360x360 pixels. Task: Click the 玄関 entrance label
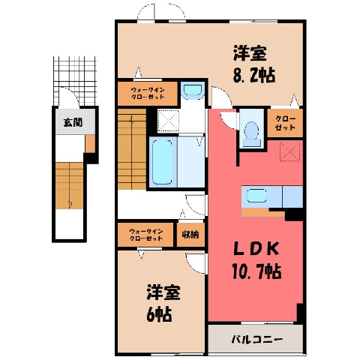pyautogui.click(x=73, y=122)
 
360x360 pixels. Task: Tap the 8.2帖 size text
pyautogui.click(x=254, y=75)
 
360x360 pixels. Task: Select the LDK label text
pyautogui.click(x=256, y=249)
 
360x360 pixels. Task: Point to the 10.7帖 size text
pyautogui.click(x=257, y=271)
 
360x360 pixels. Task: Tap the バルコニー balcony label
pyautogui.click(x=257, y=340)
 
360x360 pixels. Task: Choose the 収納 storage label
pyautogui.click(x=190, y=235)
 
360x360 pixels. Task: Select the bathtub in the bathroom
pyautogui.click(x=162, y=162)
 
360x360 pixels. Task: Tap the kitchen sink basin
pyautogui.click(x=256, y=196)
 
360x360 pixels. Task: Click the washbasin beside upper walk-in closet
pyautogui.click(x=193, y=90)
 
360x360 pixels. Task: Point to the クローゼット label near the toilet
pyautogui.click(x=285, y=123)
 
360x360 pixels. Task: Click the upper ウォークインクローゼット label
pyautogui.click(x=148, y=93)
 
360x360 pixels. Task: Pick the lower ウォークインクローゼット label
pyautogui.click(x=146, y=235)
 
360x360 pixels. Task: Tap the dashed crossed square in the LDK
pyautogui.click(x=289, y=151)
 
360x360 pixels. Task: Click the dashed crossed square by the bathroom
pyautogui.click(x=169, y=121)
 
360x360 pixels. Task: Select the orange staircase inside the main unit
pyautogui.click(x=132, y=149)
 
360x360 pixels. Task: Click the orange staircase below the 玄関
pyautogui.click(x=69, y=185)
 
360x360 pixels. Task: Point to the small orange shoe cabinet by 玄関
pyautogui.click(x=90, y=144)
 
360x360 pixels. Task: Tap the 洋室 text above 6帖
pyautogui.click(x=163, y=292)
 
